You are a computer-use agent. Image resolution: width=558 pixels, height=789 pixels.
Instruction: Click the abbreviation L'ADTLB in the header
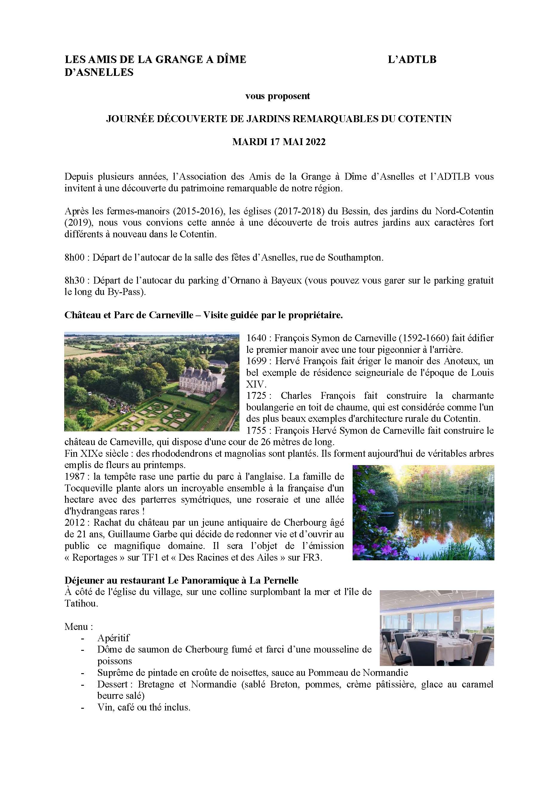point(412,60)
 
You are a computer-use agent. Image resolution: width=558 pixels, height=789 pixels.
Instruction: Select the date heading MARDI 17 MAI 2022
point(279,142)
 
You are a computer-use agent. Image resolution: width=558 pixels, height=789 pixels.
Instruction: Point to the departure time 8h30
point(74,281)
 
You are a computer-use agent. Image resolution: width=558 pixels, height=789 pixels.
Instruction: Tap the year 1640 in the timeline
point(256,339)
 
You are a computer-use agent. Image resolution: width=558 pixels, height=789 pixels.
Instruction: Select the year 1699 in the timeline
point(256,362)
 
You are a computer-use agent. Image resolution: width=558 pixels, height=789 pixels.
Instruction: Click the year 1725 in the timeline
point(256,396)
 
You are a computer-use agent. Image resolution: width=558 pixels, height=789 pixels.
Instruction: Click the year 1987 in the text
point(74,477)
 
